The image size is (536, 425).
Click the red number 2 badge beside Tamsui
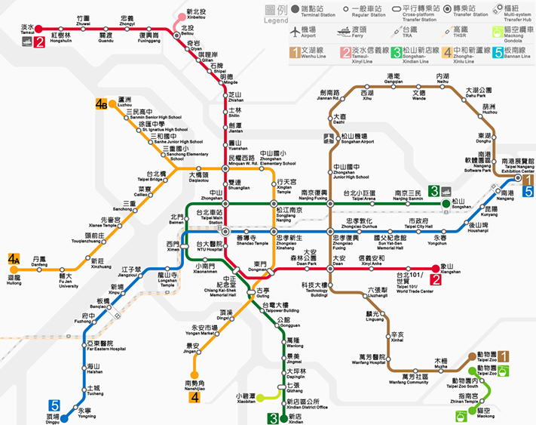tap(38, 42)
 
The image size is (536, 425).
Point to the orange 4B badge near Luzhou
tap(102, 105)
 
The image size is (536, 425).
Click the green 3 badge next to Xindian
tap(273, 417)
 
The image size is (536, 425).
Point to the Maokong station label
tap(486, 413)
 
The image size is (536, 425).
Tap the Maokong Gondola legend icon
tap(496, 32)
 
